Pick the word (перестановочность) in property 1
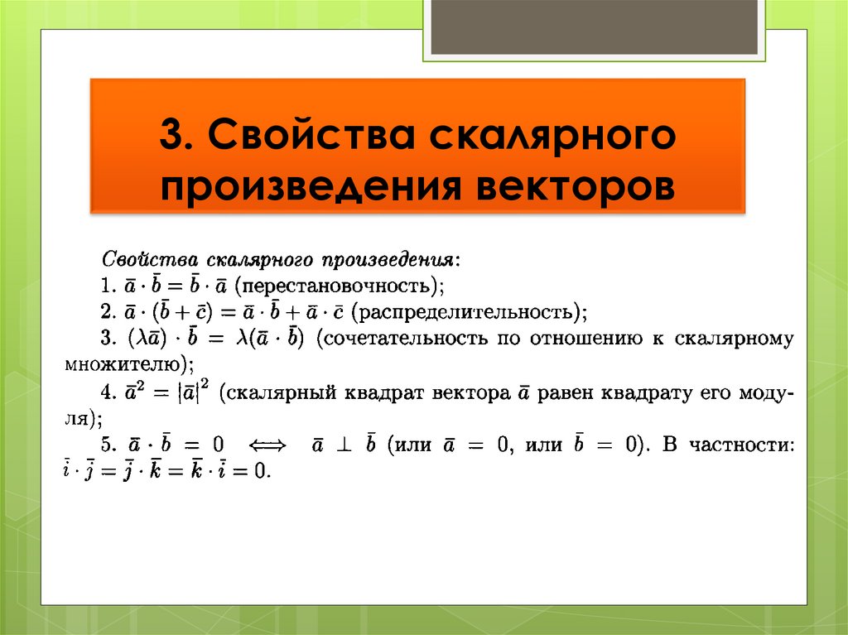[340, 286]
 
